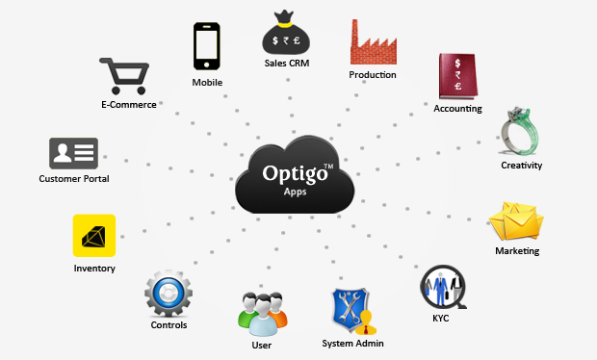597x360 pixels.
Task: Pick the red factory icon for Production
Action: (x=373, y=42)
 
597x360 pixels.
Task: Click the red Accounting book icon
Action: (x=457, y=77)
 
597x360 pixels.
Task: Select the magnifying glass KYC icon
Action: (x=443, y=287)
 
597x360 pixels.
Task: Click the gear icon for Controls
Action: (x=168, y=295)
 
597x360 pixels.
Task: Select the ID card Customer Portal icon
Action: (x=73, y=153)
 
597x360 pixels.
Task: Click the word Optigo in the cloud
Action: (x=293, y=175)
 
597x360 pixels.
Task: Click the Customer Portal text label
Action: (x=74, y=179)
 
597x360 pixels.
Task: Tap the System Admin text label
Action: (x=353, y=343)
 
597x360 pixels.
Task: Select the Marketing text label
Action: (x=517, y=251)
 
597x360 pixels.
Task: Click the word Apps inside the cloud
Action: (x=296, y=193)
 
